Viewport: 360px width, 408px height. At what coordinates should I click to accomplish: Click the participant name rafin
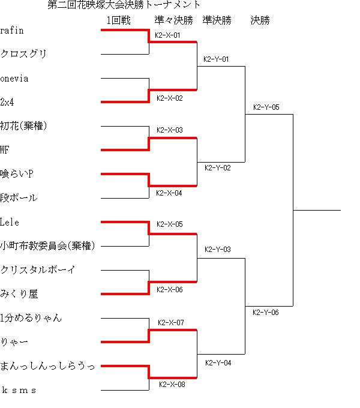pyautogui.click(x=12, y=31)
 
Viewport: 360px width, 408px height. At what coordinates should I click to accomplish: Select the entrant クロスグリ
pyautogui.click(x=23, y=54)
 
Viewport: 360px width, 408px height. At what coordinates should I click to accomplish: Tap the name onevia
pyautogui.click(x=14, y=79)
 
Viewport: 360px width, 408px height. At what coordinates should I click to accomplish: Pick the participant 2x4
pyautogui.click(x=7, y=102)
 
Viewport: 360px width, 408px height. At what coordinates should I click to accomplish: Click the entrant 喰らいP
pyautogui.click(x=17, y=174)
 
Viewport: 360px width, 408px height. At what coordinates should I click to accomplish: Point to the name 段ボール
pyautogui.click(x=19, y=198)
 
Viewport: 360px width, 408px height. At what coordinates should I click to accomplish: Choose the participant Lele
pyautogui.click(x=10, y=222)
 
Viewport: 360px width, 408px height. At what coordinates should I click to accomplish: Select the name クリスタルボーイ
pyautogui.click(x=38, y=269)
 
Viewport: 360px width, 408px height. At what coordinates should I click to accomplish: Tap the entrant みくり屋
pyautogui.click(x=19, y=294)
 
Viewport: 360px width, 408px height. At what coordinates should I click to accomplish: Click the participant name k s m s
pyautogui.click(x=19, y=390)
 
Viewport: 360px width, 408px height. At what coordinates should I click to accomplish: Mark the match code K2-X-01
pyautogui.click(x=167, y=35)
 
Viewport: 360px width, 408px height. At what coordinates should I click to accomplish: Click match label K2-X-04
pyautogui.click(x=169, y=193)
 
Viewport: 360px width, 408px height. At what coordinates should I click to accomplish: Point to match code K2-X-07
pyautogui.click(x=171, y=323)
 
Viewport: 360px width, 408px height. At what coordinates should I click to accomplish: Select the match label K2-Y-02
pyautogui.click(x=218, y=168)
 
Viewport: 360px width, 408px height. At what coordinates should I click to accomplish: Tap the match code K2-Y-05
pyautogui.click(x=266, y=107)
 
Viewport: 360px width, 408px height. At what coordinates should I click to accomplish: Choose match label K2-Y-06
pyautogui.click(x=266, y=312)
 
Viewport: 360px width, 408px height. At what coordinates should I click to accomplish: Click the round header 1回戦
pyautogui.click(x=118, y=20)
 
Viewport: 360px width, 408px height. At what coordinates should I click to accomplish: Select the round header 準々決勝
pyautogui.click(x=174, y=20)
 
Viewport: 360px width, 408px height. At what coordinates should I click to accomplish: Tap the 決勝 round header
pyautogui.click(x=260, y=20)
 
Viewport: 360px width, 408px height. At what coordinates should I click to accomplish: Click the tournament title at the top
pyautogui.click(x=124, y=5)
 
